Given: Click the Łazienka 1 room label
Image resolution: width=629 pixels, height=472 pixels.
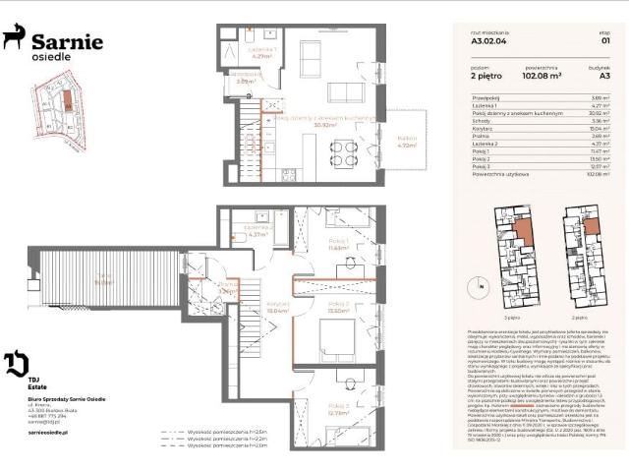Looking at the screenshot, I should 261,52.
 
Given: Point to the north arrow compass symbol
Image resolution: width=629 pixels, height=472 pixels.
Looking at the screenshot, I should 482,286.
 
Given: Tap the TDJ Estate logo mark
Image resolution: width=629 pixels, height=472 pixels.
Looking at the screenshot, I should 18,364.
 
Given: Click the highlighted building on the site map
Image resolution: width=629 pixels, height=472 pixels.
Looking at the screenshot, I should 67,99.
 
